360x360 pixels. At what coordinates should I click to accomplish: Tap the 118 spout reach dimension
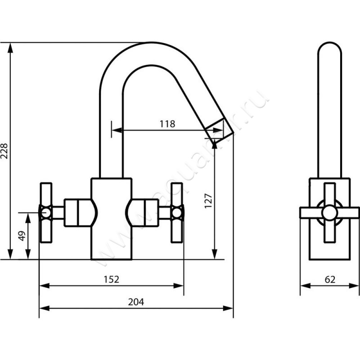coord(167,124)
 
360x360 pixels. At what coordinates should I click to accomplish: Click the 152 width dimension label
coord(112,279)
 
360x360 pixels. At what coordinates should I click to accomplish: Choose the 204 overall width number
coord(136,302)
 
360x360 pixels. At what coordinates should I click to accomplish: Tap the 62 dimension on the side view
coord(330,279)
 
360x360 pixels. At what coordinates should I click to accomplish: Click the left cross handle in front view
coord(45,212)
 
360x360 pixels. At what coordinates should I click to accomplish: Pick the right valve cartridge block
coord(148,212)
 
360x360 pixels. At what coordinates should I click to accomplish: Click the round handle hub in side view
coord(330,212)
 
